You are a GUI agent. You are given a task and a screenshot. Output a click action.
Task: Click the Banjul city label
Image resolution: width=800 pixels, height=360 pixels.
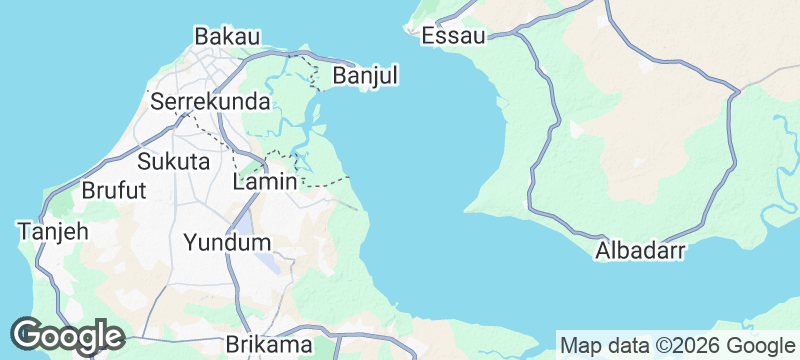(365, 76)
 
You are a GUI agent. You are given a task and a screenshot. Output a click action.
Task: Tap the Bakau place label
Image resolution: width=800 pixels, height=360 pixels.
(227, 36)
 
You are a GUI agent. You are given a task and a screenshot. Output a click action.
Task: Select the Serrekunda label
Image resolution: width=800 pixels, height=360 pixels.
(210, 102)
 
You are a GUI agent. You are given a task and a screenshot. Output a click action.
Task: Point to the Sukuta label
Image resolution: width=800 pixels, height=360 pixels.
(173, 161)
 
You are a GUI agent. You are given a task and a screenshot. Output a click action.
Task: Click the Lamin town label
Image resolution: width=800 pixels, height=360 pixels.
(264, 182)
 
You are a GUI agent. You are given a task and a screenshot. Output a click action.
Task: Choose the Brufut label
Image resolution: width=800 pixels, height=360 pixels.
(114, 190)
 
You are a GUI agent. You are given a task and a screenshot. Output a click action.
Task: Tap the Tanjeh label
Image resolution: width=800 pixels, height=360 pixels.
(53, 231)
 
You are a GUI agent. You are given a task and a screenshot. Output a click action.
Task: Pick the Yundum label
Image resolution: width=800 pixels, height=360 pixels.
(227, 242)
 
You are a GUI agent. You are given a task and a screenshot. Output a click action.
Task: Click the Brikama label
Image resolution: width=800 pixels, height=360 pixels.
(269, 344)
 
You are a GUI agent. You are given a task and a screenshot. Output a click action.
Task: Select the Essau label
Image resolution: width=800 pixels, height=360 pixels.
(453, 36)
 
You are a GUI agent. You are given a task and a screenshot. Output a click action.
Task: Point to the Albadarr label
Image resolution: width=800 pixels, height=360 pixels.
(639, 251)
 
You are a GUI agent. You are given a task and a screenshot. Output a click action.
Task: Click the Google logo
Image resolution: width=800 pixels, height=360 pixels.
(67, 335)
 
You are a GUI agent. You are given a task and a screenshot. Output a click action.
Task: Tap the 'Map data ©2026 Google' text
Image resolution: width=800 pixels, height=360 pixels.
(676, 345)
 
